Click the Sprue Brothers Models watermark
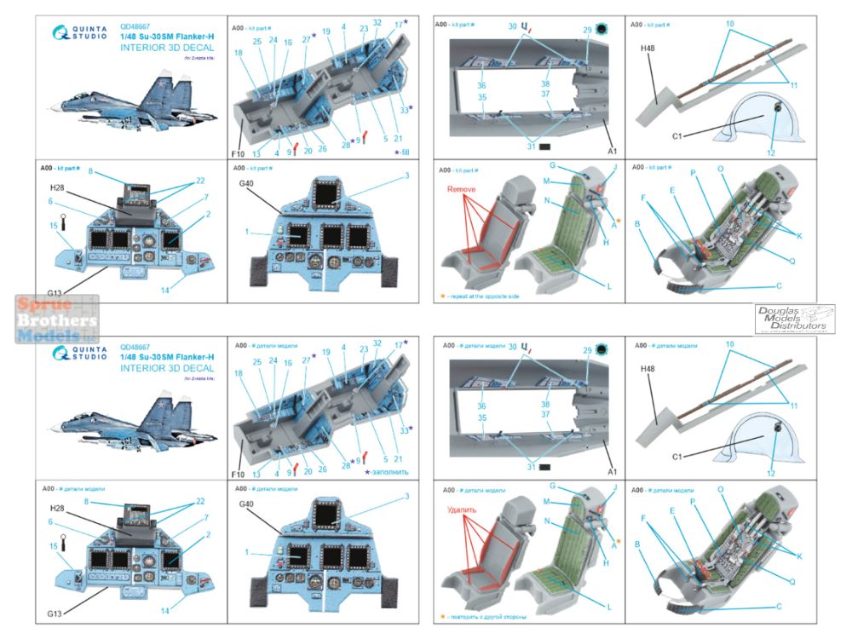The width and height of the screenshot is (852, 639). coord(49,318)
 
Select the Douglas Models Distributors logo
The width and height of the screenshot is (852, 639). coord(794,319)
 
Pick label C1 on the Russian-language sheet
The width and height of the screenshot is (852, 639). coord(679,456)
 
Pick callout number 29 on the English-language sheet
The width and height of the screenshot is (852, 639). coord(588,30)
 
